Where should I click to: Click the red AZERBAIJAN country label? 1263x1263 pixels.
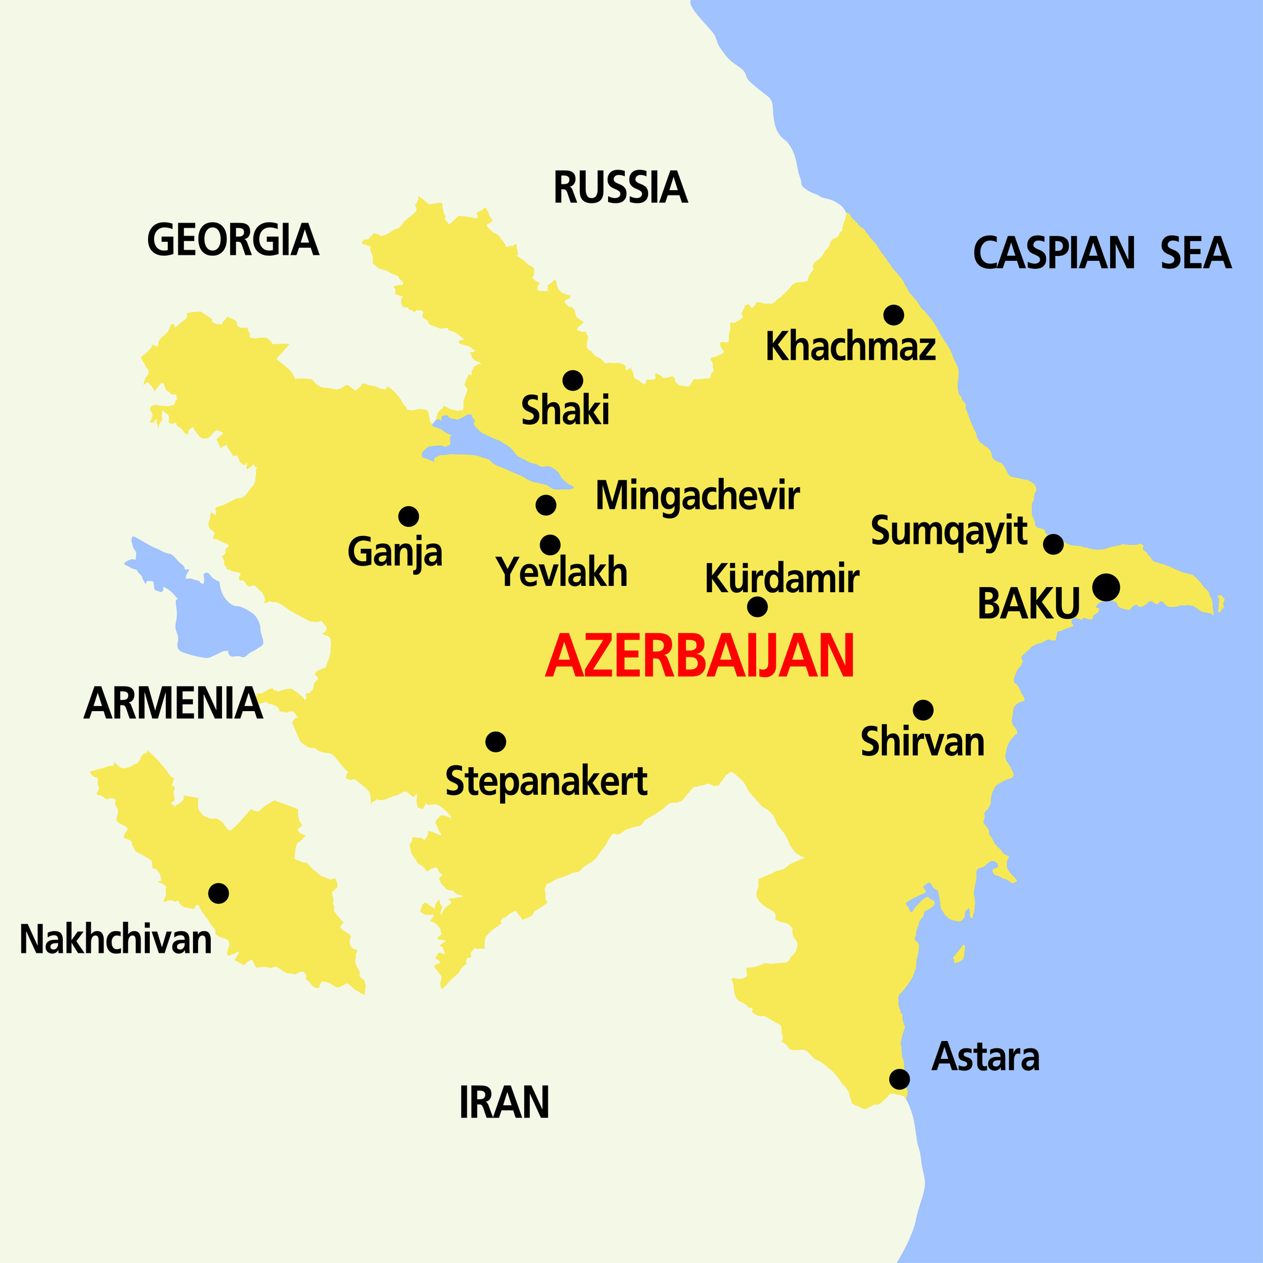[699, 656]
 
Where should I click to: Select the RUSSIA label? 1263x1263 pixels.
[620, 187]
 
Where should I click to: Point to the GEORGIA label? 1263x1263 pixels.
[232, 240]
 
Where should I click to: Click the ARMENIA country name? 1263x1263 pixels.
[173, 704]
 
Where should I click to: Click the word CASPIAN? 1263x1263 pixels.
[1054, 253]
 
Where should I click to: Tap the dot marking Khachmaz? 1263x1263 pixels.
[893, 315]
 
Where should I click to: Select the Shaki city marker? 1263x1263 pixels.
[573, 380]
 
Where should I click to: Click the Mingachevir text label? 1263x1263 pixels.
[697, 496]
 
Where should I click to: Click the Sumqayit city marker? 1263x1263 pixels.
[1053, 543]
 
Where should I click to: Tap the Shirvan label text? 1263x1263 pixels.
[923, 742]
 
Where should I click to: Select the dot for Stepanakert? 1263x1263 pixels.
[496, 741]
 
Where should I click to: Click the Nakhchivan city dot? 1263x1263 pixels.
[218, 892]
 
